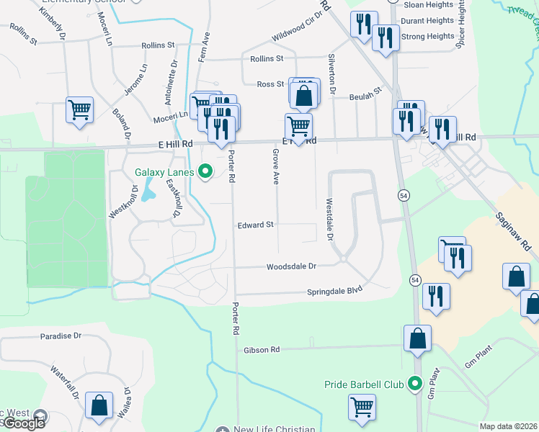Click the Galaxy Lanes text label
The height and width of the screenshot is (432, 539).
pyautogui.click(x=164, y=171)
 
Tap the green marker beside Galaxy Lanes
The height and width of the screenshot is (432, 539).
pyautogui.click(x=205, y=171)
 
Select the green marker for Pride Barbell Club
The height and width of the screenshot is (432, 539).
pyautogui.click(x=414, y=384)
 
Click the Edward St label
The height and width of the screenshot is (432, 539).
pyautogui.click(x=256, y=225)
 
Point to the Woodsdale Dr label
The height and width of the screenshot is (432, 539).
pyautogui.click(x=292, y=266)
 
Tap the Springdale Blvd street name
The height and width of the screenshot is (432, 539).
pyautogui.click(x=333, y=292)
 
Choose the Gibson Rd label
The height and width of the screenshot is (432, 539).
pyautogui.click(x=262, y=350)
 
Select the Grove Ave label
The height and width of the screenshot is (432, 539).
pyautogui.click(x=275, y=167)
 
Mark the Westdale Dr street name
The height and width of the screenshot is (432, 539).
pyautogui.click(x=329, y=219)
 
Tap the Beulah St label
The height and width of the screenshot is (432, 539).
pyautogui.click(x=365, y=96)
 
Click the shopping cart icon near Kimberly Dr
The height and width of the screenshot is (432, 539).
pyautogui.click(x=79, y=110)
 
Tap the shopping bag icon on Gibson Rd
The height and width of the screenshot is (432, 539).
pyautogui.click(x=417, y=338)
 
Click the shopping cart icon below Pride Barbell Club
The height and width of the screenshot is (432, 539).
pyautogui.click(x=362, y=407)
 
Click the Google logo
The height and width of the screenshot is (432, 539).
pyautogui.click(x=24, y=424)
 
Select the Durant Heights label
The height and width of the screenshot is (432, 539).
pyautogui.click(x=428, y=21)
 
